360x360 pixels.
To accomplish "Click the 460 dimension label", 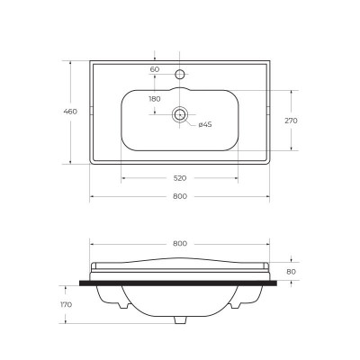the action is (x=70, y=112).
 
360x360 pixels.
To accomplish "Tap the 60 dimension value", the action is (x=155, y=69).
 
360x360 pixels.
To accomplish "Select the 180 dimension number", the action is (x=155, y=99).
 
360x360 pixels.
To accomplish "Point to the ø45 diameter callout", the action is (x=205, y=124).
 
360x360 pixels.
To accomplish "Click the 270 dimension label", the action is (x=291, y=121).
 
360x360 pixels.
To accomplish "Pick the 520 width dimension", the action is (x=180, y=178).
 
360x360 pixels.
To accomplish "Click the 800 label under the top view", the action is (x=180, y=196).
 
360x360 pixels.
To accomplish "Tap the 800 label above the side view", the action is (x=180, y=244).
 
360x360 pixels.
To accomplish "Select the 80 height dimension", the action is (x=291, y=272).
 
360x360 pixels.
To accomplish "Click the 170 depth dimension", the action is (x=66, y=304).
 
